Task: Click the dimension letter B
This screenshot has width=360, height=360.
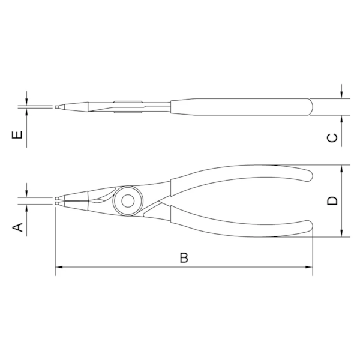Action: (184, 257)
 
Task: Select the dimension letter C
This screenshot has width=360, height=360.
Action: (332, 137)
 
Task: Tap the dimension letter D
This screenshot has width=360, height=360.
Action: (332, 200)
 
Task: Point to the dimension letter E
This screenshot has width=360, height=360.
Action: (17, 134)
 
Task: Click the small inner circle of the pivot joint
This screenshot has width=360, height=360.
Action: (128, 201)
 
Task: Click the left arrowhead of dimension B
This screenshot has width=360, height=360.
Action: (59, 267)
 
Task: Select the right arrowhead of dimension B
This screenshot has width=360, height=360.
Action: (309, 267)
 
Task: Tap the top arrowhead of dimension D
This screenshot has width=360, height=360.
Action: (342, 169)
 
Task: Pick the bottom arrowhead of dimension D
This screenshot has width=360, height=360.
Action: (342, 233)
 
